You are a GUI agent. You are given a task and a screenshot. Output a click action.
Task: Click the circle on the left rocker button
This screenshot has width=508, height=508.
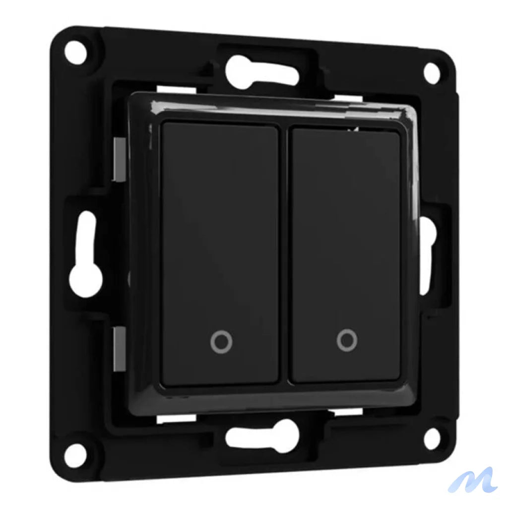[x=221, y=342]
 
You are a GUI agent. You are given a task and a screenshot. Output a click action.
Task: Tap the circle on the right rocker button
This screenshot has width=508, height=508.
[x=346, y=341]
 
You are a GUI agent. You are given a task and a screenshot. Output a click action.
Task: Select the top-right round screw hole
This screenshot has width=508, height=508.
[x=432, y=72]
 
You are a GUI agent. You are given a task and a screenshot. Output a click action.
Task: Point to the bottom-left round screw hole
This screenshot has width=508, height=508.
[x=75, y=455]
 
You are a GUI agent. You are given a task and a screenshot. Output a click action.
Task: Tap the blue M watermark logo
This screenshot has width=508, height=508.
[x=472, y=480]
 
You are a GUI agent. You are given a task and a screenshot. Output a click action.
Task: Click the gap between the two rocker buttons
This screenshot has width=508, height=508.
[x=284, y=253]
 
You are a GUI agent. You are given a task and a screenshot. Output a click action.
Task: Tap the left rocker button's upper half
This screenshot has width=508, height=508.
[x=220, y=189]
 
